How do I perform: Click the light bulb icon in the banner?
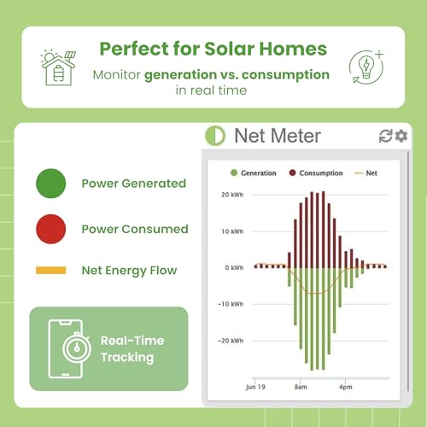[x=366, y=66]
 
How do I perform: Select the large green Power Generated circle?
[x=50, y=183]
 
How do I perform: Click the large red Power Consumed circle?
[x=50, y=228]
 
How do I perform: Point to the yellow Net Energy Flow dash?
[x=50, y=271]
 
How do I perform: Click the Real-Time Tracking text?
[x=132, y=348]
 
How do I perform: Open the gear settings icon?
[x=401, y=137]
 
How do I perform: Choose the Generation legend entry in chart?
[x=253, y=173]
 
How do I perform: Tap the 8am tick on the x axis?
[x=301, y=386]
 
